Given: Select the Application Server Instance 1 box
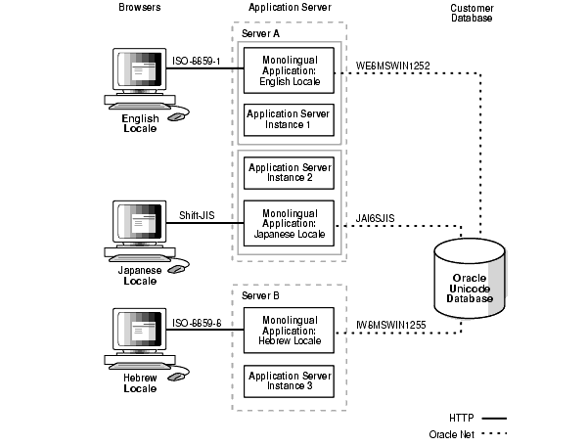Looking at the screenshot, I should tap(290, 120).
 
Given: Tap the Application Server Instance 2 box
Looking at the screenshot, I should tap(290, 174).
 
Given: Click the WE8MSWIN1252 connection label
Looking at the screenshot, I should tap(394, 66).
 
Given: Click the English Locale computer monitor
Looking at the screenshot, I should tap(140, 72).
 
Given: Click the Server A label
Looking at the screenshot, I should tap(261, 34).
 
